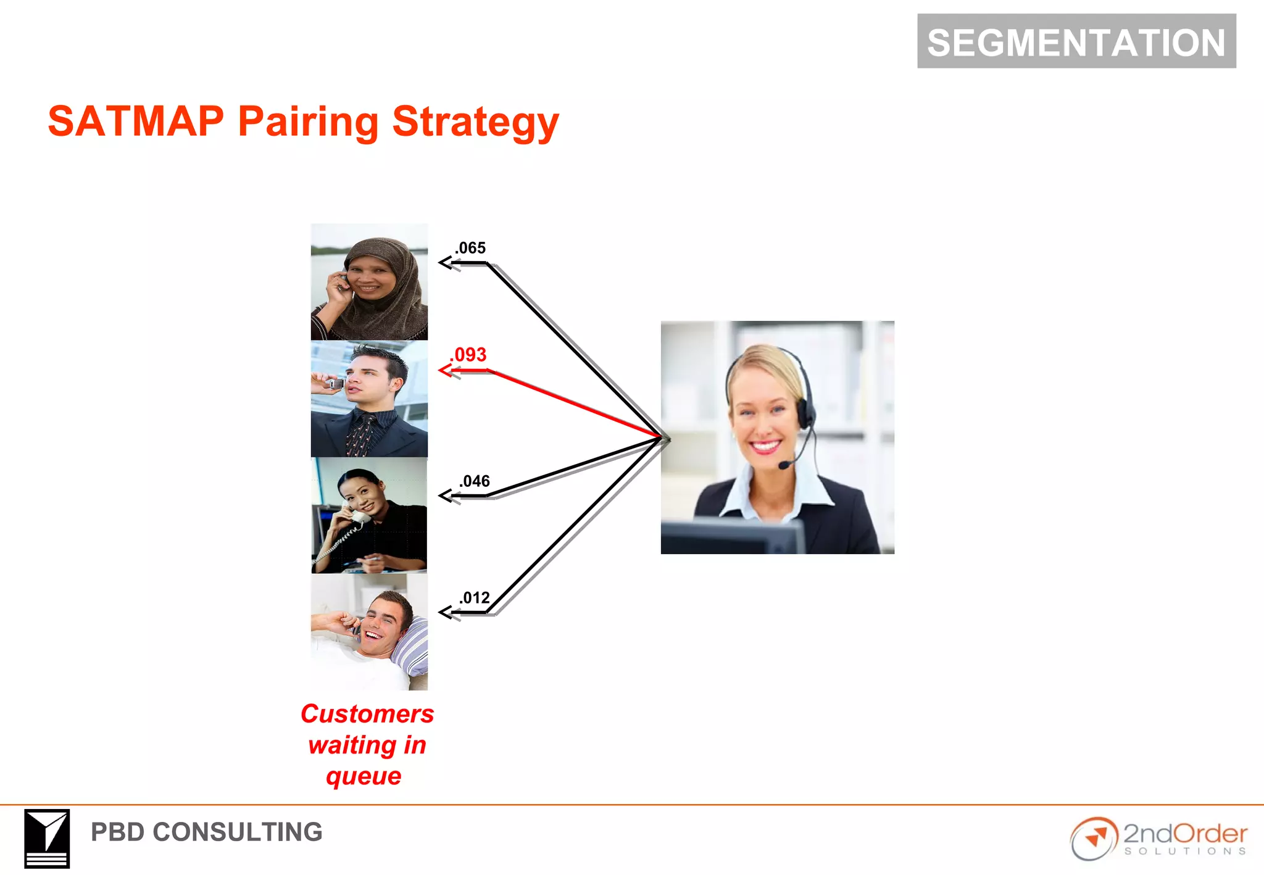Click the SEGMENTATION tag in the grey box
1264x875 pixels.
click(x=1076, y=42)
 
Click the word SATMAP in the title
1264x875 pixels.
click(x=136, y=121)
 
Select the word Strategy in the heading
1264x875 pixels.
click(x=475, y=122)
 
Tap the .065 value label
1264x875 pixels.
click(x=470, y=248)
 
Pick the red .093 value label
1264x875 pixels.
click(x=468, y=355)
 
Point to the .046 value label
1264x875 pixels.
click(x=474, y=481)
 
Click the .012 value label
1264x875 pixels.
click(x=474, y=597)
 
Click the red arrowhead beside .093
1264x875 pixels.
click(x=445, y=370)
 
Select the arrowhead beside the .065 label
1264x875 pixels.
click(x=445, y=263)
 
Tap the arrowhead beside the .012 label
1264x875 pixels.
click(x=445, y=612)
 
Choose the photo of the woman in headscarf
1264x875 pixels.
click(x=369, y=282)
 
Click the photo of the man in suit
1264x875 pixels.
click(x=369, y=399)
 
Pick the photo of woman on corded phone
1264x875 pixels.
click(x=369, y=515)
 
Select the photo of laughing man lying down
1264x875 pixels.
click(x=369, y=632)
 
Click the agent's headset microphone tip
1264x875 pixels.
click(x=784, y=465)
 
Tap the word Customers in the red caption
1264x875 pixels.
click(x=367, y=714)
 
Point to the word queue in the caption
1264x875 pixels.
click(x=364, y=776)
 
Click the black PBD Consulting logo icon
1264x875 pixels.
click(x=47, y=839)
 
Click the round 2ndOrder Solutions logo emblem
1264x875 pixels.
click(x=1094, y=839)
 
